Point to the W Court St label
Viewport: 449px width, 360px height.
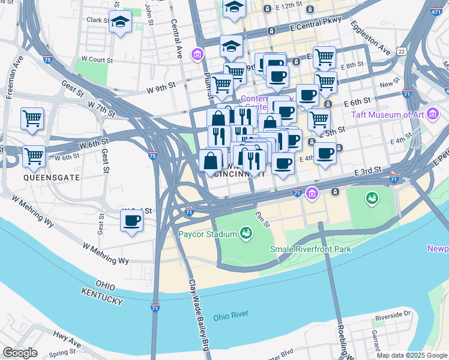pyautogui.click(x=97, y=60)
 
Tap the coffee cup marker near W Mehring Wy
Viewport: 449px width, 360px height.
pyautogui.click(x=132, y=220)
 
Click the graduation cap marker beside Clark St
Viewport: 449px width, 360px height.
pyautogui.click(x=121, y=22)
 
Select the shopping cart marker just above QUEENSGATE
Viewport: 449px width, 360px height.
pyautogui.click(x=34, y=156)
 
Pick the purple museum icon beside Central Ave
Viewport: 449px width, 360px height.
pyautogui.click(x=196, y=55)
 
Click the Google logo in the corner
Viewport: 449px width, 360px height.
pyautogui.click(x=20, y=353)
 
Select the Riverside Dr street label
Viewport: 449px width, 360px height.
pyautogui.click(x=393, y=314)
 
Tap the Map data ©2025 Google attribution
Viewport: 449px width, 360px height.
pyautogui.click(x=411, y=355)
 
